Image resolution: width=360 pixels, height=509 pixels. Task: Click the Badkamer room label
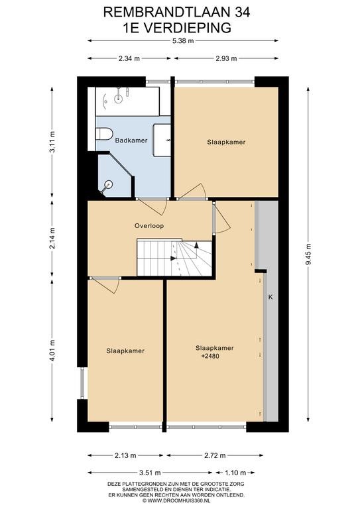[131, 141]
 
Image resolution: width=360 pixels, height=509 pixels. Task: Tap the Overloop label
[149, 226]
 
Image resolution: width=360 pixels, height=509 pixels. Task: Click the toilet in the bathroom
[104, 133]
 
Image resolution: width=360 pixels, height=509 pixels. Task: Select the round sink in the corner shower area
[107, 185]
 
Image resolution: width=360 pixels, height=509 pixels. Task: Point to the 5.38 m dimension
[183, 41]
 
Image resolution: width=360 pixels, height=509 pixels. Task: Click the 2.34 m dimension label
[129, 58]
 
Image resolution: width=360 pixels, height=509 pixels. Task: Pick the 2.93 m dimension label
[226, 58]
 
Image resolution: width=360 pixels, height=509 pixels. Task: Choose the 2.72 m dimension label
[215, 455]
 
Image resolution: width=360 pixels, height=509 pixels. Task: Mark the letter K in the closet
[270, 297]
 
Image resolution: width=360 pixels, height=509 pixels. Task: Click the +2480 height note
[210, 356]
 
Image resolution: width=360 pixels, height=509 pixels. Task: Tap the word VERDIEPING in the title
[187, 28]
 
